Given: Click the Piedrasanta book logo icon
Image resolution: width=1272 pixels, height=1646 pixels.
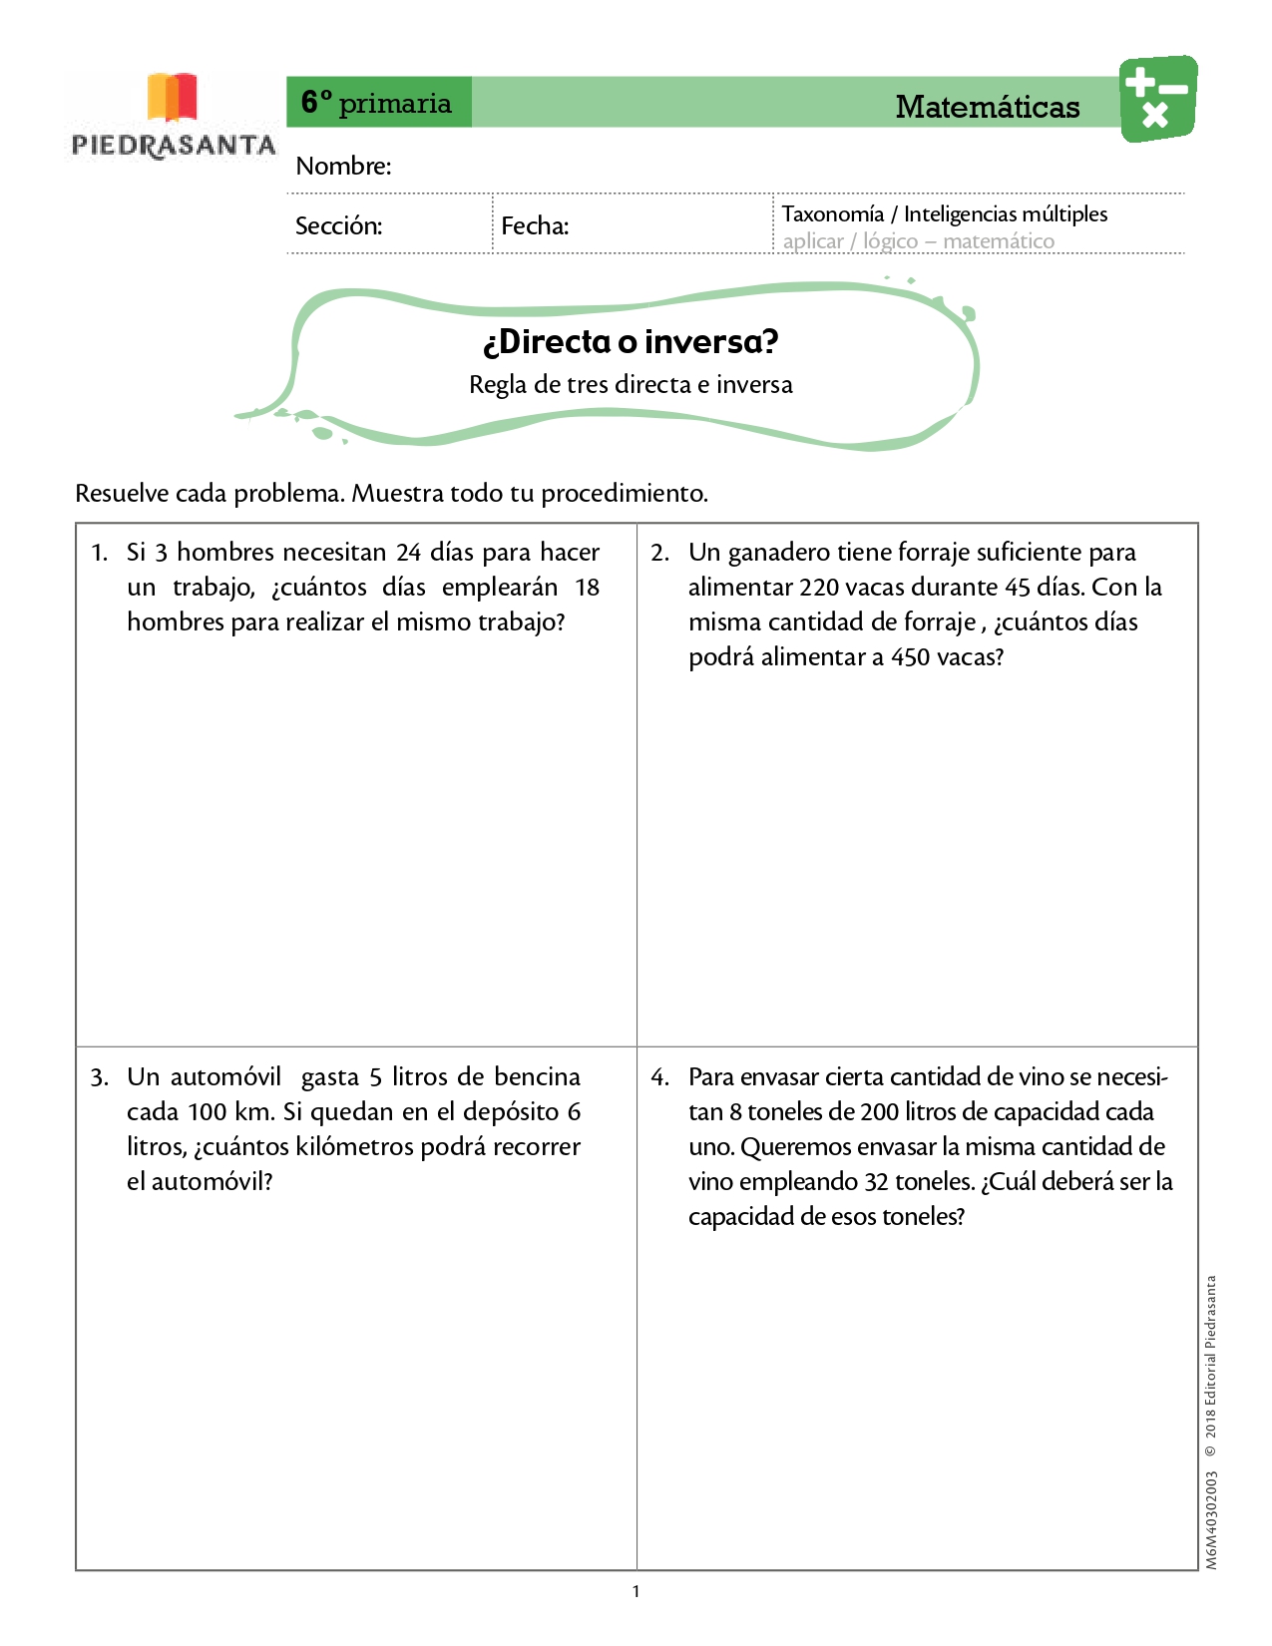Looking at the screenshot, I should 172,97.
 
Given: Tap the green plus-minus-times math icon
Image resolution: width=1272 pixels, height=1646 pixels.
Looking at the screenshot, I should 1157,99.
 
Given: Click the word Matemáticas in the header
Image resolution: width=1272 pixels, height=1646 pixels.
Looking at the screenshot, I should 987,107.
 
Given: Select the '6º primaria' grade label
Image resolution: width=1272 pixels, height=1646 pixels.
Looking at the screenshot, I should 377,103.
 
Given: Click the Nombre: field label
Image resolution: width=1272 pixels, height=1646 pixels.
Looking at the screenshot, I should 343,166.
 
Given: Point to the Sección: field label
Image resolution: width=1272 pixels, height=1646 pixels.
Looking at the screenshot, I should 338,225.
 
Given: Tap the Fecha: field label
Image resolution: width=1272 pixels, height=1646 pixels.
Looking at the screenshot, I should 535,225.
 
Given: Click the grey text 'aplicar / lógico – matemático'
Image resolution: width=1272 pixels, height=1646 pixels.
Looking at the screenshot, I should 918,241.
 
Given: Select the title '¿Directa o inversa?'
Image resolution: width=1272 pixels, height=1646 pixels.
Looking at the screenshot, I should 631,342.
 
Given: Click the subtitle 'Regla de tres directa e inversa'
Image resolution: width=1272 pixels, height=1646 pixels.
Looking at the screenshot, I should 631,385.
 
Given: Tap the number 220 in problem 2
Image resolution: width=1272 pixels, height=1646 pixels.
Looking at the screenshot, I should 818,588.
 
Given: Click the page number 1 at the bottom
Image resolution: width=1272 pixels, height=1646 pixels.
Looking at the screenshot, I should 636,1591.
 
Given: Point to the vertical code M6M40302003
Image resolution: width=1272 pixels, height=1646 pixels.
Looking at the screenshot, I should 1211,1520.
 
